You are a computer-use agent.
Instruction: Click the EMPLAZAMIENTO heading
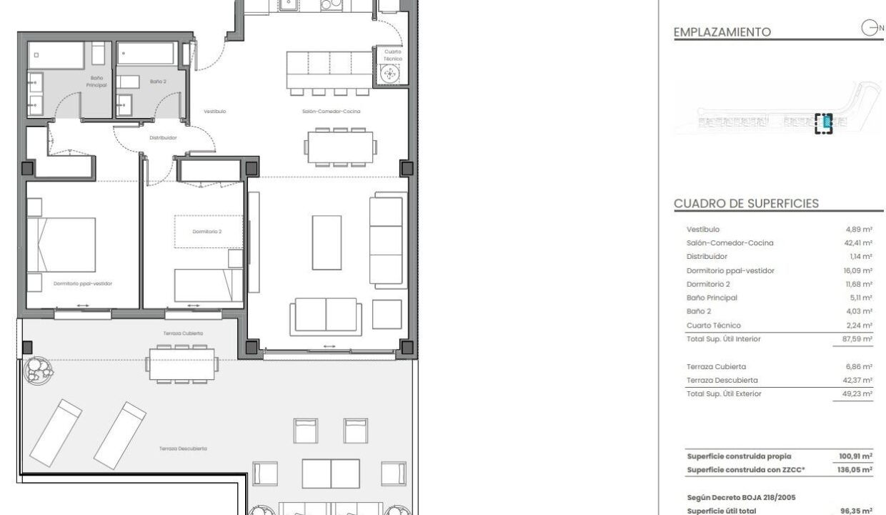point(722,32)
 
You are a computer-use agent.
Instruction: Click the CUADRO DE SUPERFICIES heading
point(746,203)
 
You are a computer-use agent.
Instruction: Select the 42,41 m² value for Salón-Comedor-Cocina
point(858,243)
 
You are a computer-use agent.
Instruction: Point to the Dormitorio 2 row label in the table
point(708,284)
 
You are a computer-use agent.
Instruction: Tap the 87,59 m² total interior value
point(857,339)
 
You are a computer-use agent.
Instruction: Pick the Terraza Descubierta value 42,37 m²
point(857,380)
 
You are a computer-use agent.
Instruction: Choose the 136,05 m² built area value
point(855,470)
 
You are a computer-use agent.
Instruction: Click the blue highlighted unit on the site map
point(827,122)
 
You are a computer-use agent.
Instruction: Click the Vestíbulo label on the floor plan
point(215,112)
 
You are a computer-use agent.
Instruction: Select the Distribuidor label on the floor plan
point(163,138)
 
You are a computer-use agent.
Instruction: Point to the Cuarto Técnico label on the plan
point(393,55)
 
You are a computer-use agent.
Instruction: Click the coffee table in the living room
point(327,242)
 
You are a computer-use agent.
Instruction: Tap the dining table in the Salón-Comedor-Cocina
point(340,147)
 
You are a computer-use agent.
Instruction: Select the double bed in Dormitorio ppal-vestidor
point(61,245)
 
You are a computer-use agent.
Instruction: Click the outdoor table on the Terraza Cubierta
point(182,364)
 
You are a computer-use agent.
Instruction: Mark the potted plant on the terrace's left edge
point(38,371)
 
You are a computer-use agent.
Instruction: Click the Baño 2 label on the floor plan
point(158,82)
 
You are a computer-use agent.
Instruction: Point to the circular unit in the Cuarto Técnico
point(389,74)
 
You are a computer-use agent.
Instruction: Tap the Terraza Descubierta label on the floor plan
point(183,448)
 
